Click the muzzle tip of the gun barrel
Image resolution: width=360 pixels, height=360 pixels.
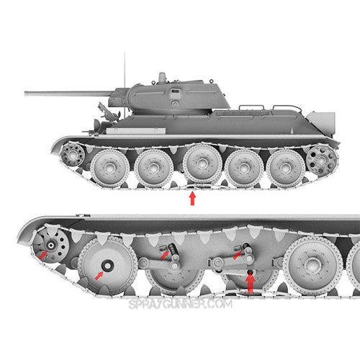[27, 93]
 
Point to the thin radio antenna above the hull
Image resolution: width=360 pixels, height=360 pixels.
[125, 69]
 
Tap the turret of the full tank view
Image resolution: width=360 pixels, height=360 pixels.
[173, 95]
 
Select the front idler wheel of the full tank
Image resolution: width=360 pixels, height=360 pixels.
[73, 153]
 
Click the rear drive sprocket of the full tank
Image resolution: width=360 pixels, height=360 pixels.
[321, 158]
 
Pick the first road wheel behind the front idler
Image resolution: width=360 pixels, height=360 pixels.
[112, 167]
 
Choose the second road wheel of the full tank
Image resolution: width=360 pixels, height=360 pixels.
[153, 168]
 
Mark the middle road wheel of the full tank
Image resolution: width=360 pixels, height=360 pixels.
[202, 165]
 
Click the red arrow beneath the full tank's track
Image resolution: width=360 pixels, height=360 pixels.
[192, 197]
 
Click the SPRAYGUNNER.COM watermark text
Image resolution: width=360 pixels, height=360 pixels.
[180, 305]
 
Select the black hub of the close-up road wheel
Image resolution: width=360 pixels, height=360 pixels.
[107, 267]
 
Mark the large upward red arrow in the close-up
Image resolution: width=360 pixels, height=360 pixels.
[250, 282]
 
